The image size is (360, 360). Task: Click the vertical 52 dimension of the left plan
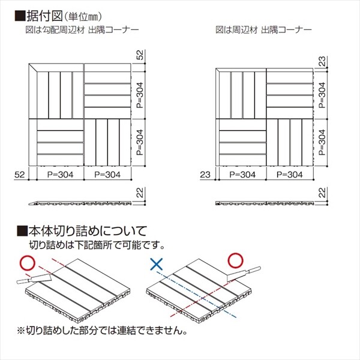pyautogui.click(x=139, y=55)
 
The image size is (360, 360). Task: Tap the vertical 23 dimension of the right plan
pyautogui.click(x=322, y=61)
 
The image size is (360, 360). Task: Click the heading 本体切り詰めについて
pyautogui.click(x=87, y=230)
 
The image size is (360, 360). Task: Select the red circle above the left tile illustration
pyautogui.click(x=25, y=263)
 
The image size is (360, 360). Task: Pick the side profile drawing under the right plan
pyautogui.click(x=265, y=202)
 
